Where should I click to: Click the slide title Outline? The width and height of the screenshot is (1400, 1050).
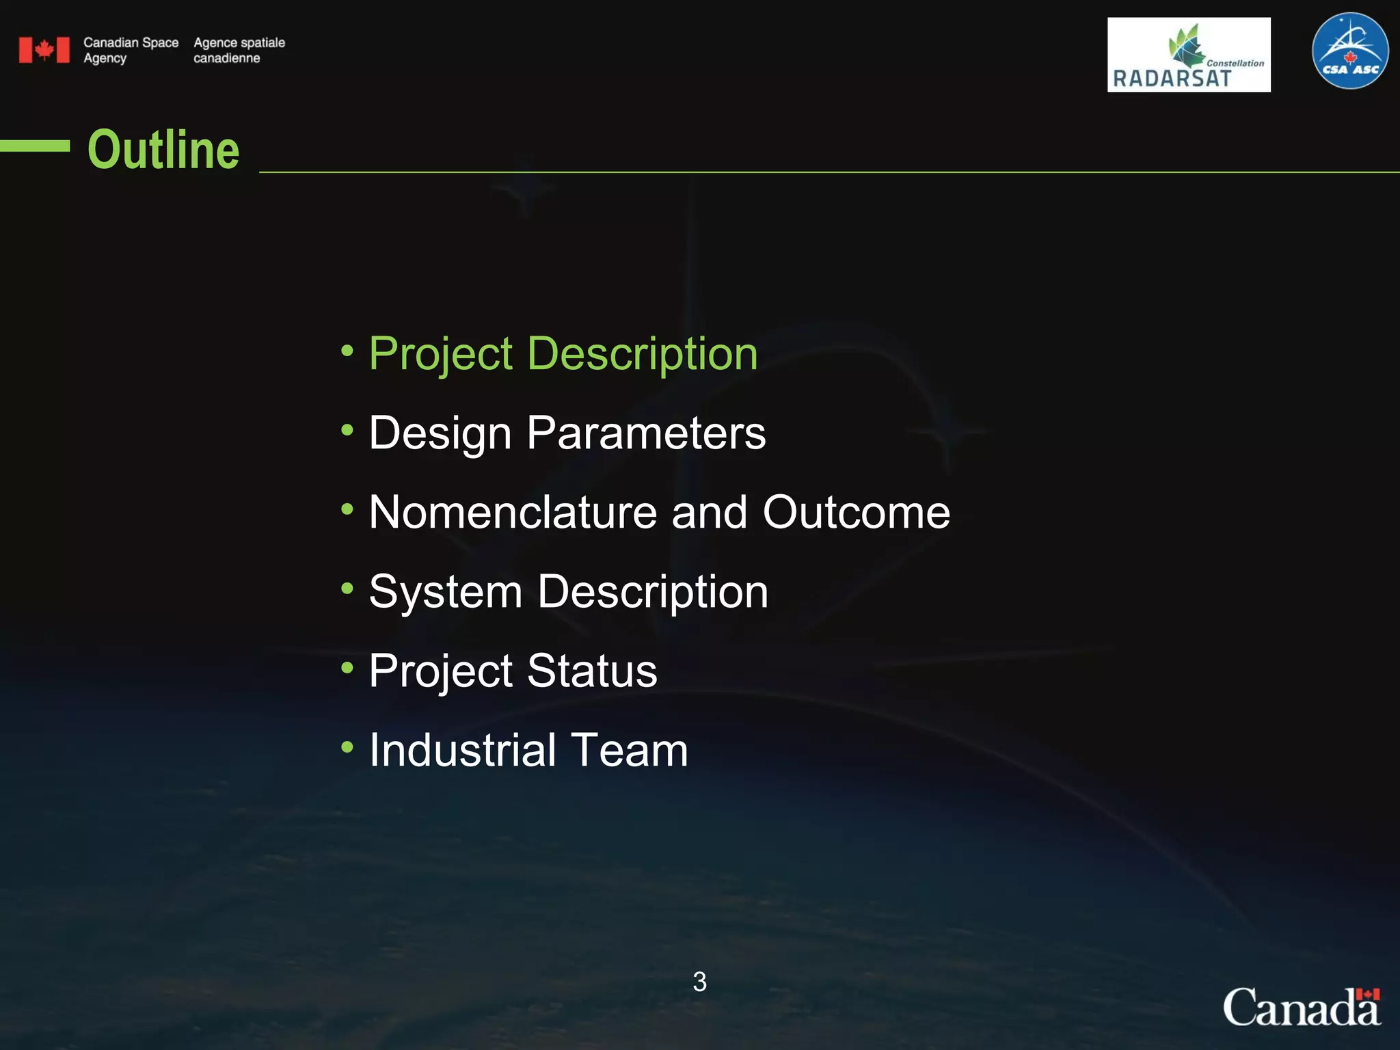pyautogui.click(x=163, y=150)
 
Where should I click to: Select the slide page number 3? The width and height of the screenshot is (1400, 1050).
pyautogui.click(x=699, y=982)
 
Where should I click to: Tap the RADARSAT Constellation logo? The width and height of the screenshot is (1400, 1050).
pyautogui.click(x=1188, y=55)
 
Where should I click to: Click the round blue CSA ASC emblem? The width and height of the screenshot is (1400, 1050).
pyautogui.click(x=1350, y=51)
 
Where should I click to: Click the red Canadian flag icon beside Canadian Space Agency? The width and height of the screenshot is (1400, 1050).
pyautogui.click(x=44, y=50)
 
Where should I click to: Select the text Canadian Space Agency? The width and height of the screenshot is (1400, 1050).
pyautogui.click(x=131, y=50)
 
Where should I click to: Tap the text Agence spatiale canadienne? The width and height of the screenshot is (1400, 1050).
pyautogui.click(x=239, y=50)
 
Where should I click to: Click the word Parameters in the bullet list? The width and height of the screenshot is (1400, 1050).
pyautogui.click(x=646, y=433)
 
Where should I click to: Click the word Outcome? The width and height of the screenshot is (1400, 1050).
pyautogui.click(x=856, y=512)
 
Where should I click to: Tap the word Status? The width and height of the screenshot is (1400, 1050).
pyautogui.click(x=592, y=671)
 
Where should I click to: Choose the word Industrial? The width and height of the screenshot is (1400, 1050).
pyautogui.click(x=462, y=750)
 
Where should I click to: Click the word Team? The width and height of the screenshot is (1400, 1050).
pyautogui.click(x=629, y=750)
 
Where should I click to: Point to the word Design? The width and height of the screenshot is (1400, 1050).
pyautogui.click(x=440, y=434)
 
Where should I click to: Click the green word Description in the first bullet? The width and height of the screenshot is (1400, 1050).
pyautogui.click(x=642, y=354)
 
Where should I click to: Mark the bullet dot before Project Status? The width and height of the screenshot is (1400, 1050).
pyautogui.click(x=347, y=667)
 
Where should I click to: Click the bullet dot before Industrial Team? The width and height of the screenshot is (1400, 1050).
pyautogui.click(x=347, y=746)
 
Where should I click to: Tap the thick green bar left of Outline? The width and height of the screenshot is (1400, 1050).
pyautogui.click(x=34, y=146)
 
